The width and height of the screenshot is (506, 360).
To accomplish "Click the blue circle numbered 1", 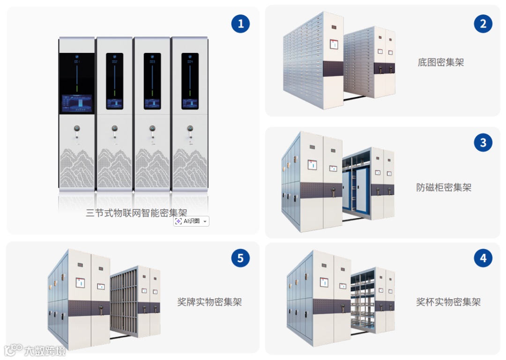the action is click(241, 23).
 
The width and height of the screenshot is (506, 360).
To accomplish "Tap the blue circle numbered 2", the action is click(483, 23).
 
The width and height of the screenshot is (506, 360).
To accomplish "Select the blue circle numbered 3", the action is click(483, 142).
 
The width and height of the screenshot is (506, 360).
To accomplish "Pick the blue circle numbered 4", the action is click(483, 258).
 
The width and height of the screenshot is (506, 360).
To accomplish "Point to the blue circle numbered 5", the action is click(240, 258).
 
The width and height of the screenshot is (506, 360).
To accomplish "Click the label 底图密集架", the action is click(440, 62).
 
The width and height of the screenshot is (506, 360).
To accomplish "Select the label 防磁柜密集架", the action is click(444, 188).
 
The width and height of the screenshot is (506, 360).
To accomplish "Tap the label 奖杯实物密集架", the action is click(448, 302).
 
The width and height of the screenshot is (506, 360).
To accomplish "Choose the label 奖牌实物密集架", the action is click(209, 302).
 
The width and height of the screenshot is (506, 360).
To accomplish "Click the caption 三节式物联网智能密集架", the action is click(136, 213).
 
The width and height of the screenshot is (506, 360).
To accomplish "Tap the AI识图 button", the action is click(191, 221).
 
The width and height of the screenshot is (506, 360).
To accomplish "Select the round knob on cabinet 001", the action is click(77, 128).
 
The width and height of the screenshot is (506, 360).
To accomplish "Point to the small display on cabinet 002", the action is click(114, 103).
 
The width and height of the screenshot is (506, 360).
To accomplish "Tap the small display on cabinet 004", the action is click(190, 103).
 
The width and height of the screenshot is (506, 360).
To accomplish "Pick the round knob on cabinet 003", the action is click(152, 128).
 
